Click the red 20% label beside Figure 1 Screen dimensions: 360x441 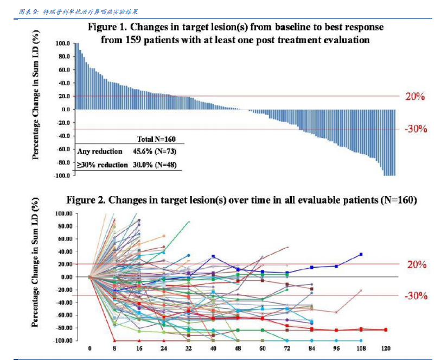tap(415, 97)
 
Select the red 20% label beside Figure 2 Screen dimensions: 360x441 tap(416, 265)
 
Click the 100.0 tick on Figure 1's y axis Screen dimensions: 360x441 tap(62, 43)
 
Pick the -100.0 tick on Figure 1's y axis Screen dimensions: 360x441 tap(61, 175)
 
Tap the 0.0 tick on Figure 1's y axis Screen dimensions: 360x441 tap(65, 110)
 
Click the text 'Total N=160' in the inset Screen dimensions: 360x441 tap(156, 140)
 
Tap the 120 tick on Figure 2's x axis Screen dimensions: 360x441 tap(386, 348)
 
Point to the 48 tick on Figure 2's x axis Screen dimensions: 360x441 tap(238, 348)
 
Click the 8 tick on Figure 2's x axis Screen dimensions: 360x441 tap(114, 348)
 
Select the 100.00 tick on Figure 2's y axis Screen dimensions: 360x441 tap(61, 213)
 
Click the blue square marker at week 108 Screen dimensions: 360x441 tap(361, 254)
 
